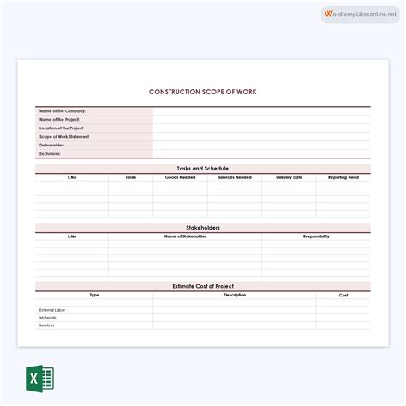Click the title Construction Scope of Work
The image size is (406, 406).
[x=203, y=92]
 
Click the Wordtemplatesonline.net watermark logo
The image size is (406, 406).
[x=361, y=15]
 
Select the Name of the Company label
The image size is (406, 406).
[x=63, y=111]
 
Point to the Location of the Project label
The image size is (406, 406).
[x=62, y=128]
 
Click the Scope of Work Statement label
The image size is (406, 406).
[x=64, y=137]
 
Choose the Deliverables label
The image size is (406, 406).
[x=52, y=146]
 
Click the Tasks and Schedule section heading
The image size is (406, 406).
[x=203, y=169]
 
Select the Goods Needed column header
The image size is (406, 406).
[x=181, y=177]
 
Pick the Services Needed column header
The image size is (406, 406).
[x=235, y=177]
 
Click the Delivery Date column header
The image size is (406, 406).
[x=289, y=177]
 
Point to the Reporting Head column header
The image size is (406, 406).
[x=343, y=177]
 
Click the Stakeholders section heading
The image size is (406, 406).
[x=203, y=228]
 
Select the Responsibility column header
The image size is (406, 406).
[x=316, y=236]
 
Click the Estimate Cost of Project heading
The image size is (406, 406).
[x=203, y=286]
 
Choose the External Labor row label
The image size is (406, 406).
[x=52, y=310]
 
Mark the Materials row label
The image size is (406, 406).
[x=48, y=318]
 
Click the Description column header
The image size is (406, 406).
[x=235, y=295]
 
